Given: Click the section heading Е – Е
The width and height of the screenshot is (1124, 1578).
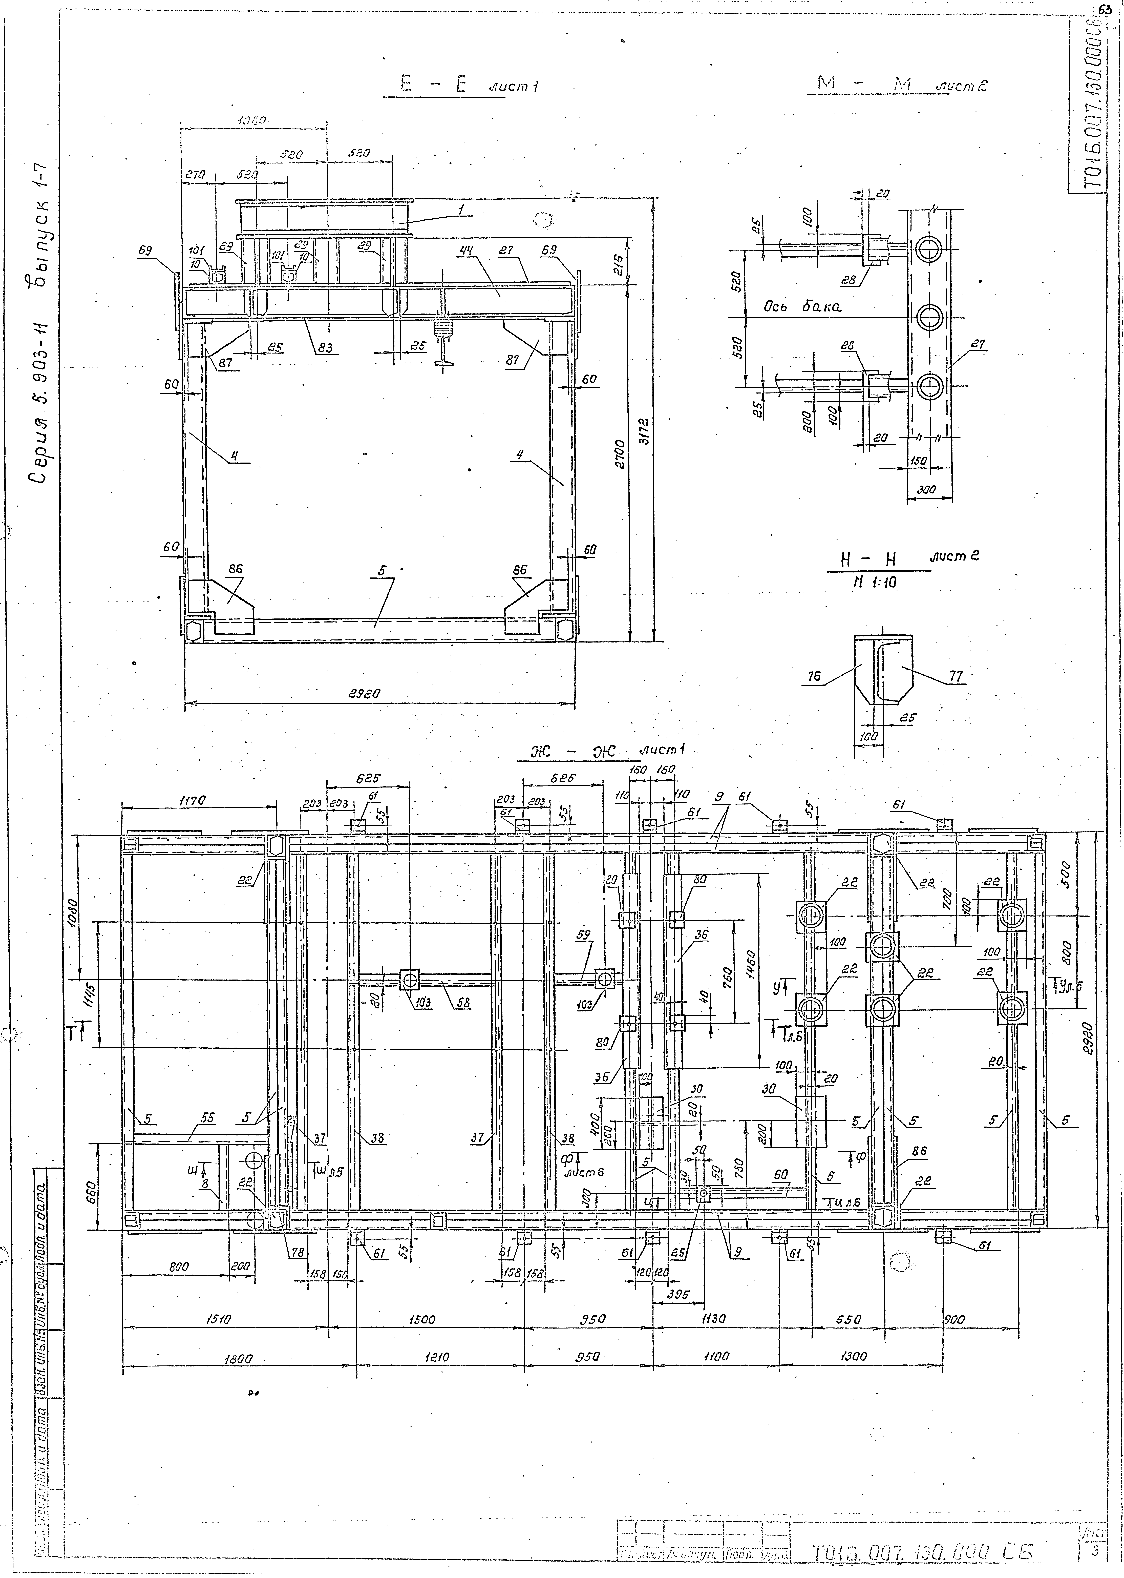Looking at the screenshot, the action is (433, 86).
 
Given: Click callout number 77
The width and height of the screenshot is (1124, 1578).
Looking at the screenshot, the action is (956, 676).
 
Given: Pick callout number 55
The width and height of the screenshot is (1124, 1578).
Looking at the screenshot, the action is (208, 1118).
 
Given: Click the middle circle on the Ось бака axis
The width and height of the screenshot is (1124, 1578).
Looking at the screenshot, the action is (928, 317).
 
